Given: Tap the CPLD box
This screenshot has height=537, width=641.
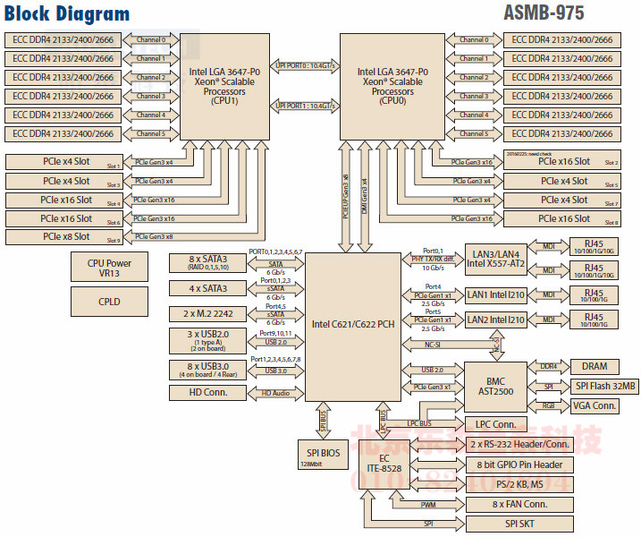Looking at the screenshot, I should coord(109,302).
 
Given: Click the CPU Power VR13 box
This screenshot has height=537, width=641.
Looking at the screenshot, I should coord(109,267).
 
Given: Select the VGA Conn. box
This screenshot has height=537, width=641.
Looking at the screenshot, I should coord(595,405).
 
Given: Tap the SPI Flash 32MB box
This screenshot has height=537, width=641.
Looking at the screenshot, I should coord(595,386).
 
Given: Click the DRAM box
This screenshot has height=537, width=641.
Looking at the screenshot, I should coord(595,366).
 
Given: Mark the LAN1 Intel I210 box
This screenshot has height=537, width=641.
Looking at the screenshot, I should coord(495,294).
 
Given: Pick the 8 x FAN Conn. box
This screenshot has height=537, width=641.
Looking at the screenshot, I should coord(519,504).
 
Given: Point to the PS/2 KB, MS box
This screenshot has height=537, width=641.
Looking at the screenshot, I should coord(519,484).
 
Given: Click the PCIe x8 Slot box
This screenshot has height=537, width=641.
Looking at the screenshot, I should coord(65,237).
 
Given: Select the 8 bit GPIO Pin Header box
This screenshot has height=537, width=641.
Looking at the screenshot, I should coord(519,464).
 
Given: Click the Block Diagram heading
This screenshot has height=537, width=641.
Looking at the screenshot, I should coord(67,14).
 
